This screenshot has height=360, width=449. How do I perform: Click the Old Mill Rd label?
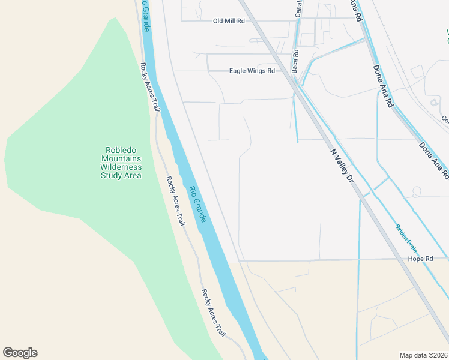coord(229,21)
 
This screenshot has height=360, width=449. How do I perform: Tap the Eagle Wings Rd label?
coord(252,71)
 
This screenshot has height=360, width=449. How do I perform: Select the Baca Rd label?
coord(295,62)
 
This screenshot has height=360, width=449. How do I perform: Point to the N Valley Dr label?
coord(343,164)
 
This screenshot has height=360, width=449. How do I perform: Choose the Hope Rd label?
coord(421,259)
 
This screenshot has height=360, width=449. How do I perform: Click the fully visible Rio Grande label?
coord(197,205)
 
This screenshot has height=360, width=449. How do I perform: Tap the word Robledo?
coord(121,150)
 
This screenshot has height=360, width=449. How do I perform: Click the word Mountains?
coord(121,158)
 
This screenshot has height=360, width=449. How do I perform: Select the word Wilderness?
coord(121,167)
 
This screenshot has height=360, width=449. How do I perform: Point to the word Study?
coord(112,175)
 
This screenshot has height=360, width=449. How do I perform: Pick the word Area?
coord(133,175)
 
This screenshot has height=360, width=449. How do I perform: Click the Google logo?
coord(20,353)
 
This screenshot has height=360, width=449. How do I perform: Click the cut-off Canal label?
coord(298,8)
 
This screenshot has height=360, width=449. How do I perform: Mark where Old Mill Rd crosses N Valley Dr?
coord(257,21)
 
